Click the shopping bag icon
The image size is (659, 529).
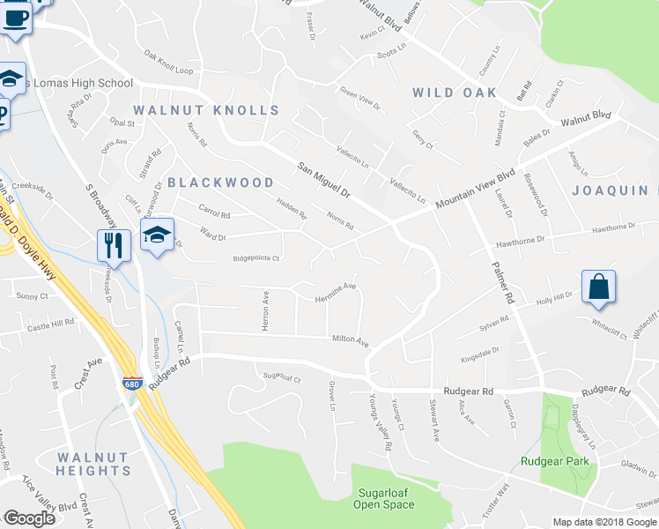(598, 288)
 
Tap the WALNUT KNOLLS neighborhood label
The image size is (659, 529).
(206, 110)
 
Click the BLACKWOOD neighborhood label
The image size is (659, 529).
(220, 183)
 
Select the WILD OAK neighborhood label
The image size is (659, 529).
(455, 93)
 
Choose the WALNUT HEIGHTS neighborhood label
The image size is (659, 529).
(93, 465)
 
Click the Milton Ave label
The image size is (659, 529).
(350, 339)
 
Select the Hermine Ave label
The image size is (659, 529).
(336, 292)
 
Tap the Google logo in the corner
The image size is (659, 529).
(28, 518)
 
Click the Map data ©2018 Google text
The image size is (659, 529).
(604, 522)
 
